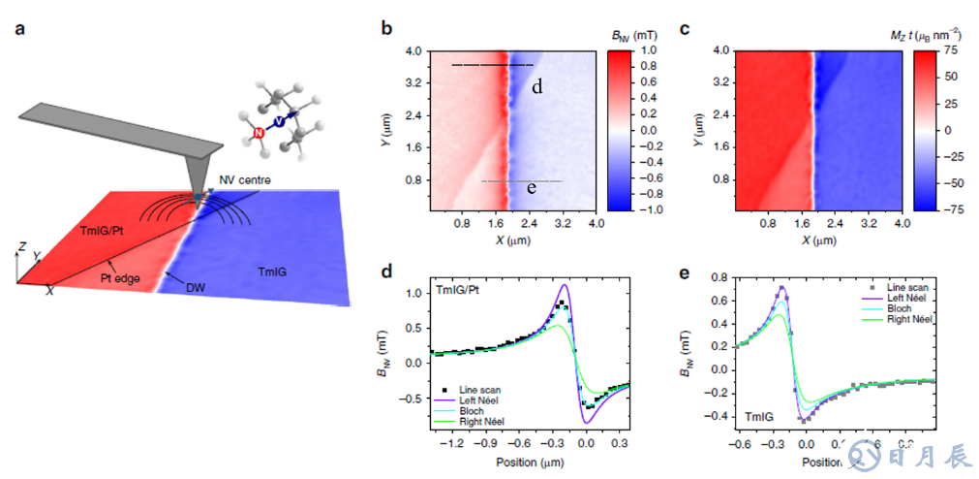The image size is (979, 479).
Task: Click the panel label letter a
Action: coord(21,28)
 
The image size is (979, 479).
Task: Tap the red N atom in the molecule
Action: coord(258,132)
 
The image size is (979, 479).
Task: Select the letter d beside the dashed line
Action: coord(536,87)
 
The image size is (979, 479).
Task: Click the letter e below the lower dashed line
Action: coord(532,188)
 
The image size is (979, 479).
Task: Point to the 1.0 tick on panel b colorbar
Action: coord(648,49)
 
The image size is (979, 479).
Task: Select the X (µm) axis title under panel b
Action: coord(512,240)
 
